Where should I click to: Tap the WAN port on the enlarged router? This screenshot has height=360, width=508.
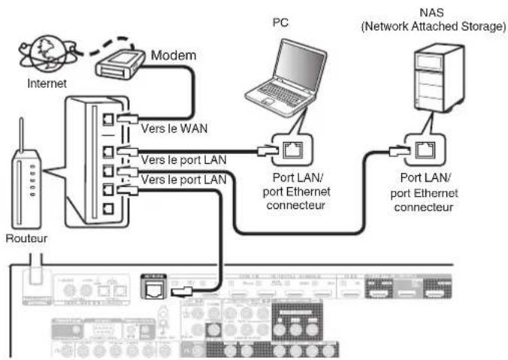[x=110, y=118]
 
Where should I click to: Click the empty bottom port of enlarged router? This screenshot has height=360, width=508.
[x=110, y=210]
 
